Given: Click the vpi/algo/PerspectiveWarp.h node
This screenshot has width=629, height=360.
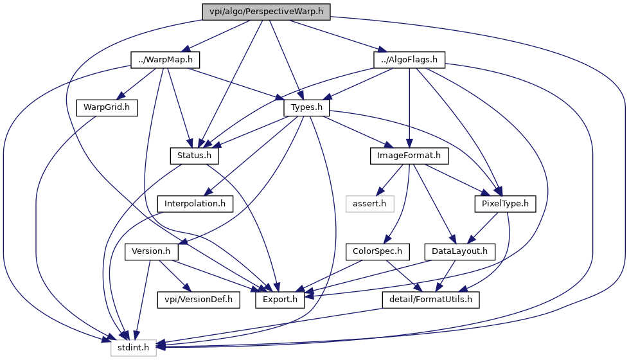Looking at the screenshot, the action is point(266,12).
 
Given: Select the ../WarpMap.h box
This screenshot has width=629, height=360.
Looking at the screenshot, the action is point(165,60).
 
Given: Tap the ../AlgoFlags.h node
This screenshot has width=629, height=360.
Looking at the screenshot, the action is point(409,60).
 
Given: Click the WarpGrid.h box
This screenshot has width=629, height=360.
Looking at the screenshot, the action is point(107,108).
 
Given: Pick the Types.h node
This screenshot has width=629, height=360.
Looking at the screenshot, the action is point(306,108).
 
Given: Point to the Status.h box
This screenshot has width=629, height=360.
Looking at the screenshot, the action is point(194,156).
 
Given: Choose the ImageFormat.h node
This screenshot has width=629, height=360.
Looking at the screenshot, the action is point(409,156).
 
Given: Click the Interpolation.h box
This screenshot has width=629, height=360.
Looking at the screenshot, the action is point(195,204).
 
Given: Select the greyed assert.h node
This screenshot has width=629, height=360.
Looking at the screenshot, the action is point(369,204).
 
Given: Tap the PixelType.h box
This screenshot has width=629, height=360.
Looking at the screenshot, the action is point(506,204).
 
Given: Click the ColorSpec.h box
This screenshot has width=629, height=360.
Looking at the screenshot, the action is point(377,251).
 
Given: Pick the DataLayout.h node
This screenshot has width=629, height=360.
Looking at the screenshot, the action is point(460,251).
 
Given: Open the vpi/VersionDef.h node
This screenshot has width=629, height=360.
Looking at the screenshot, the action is point(199,300).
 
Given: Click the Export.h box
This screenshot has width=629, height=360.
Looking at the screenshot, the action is point(280,300).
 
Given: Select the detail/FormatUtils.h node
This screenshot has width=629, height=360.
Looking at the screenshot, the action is point(431,300).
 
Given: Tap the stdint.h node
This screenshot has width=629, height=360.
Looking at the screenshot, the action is point(133,348).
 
